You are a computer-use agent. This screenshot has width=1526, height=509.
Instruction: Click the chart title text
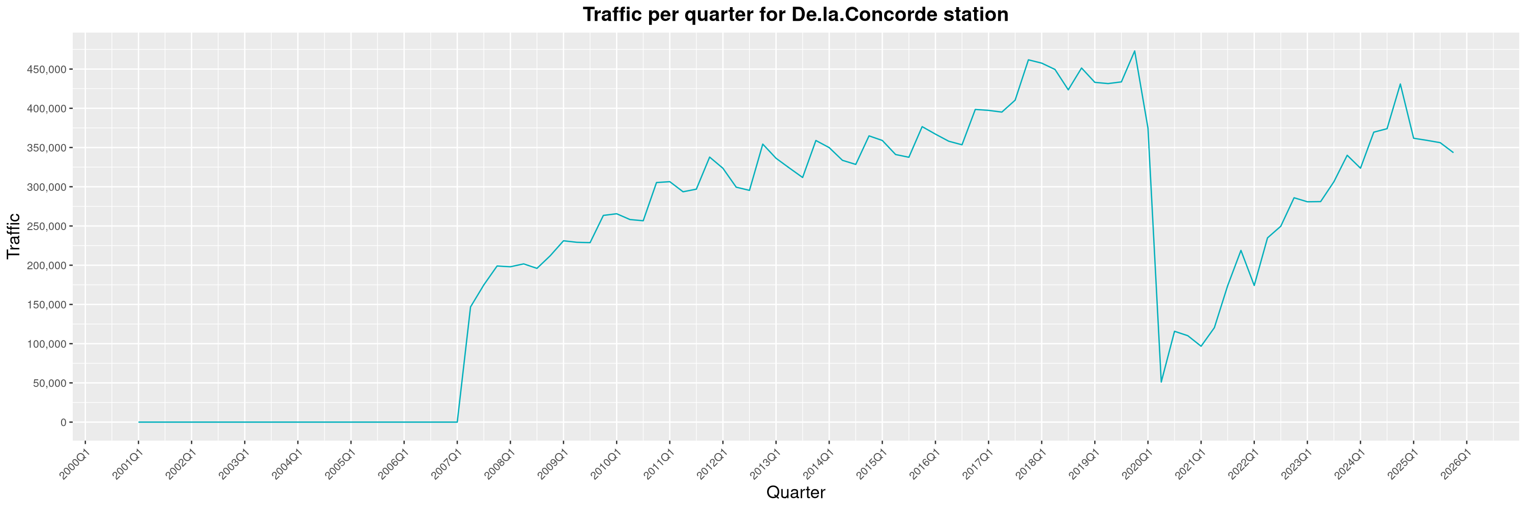coord(795,14)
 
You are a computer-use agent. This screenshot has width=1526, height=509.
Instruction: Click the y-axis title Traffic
coord(13,236)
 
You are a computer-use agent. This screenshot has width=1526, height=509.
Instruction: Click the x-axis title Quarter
coord(795,492)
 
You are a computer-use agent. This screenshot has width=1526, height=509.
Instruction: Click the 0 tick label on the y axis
coord(63,422)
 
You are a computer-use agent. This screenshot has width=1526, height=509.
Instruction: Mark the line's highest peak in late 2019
coord(1134,51)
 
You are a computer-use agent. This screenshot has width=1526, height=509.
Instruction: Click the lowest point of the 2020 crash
coord(1161,382)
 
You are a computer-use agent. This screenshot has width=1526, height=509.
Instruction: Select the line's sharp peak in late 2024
coord(1400,84)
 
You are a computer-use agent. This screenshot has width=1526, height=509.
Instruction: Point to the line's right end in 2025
coord(1453,152)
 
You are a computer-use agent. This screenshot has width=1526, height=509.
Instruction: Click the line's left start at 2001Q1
coord(139,422)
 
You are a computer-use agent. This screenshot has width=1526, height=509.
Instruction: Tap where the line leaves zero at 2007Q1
coord(457,422)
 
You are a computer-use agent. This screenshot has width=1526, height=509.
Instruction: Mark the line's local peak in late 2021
coord(1241,250)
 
